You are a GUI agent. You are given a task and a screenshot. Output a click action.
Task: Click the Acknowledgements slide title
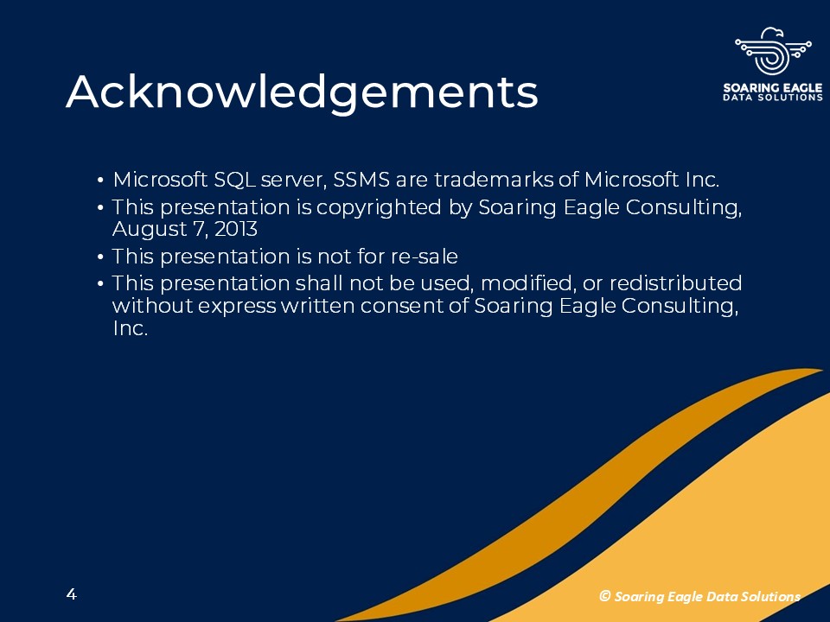pos(302,93)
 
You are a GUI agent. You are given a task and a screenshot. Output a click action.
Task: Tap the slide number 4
pos(72,594)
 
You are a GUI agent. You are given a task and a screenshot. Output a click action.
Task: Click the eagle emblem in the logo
pos(773,51)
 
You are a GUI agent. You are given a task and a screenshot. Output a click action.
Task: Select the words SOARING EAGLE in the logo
pos(773,88)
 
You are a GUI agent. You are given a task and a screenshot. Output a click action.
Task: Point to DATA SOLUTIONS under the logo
pos(773,98)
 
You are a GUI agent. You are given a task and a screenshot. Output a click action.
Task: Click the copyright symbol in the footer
pos(604,596)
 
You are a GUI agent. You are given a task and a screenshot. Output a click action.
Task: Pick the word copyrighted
pos(379,207)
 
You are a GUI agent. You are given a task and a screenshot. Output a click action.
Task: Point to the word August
pos(150,230)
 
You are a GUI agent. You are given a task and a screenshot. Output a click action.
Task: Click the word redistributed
pos(676,283)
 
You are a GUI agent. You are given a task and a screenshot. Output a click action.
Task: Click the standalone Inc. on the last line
pos(131,328)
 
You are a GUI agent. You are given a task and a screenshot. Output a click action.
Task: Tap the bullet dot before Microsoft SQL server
pos(100,181)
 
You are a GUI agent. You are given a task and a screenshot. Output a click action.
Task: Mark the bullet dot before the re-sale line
pos(100,257)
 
